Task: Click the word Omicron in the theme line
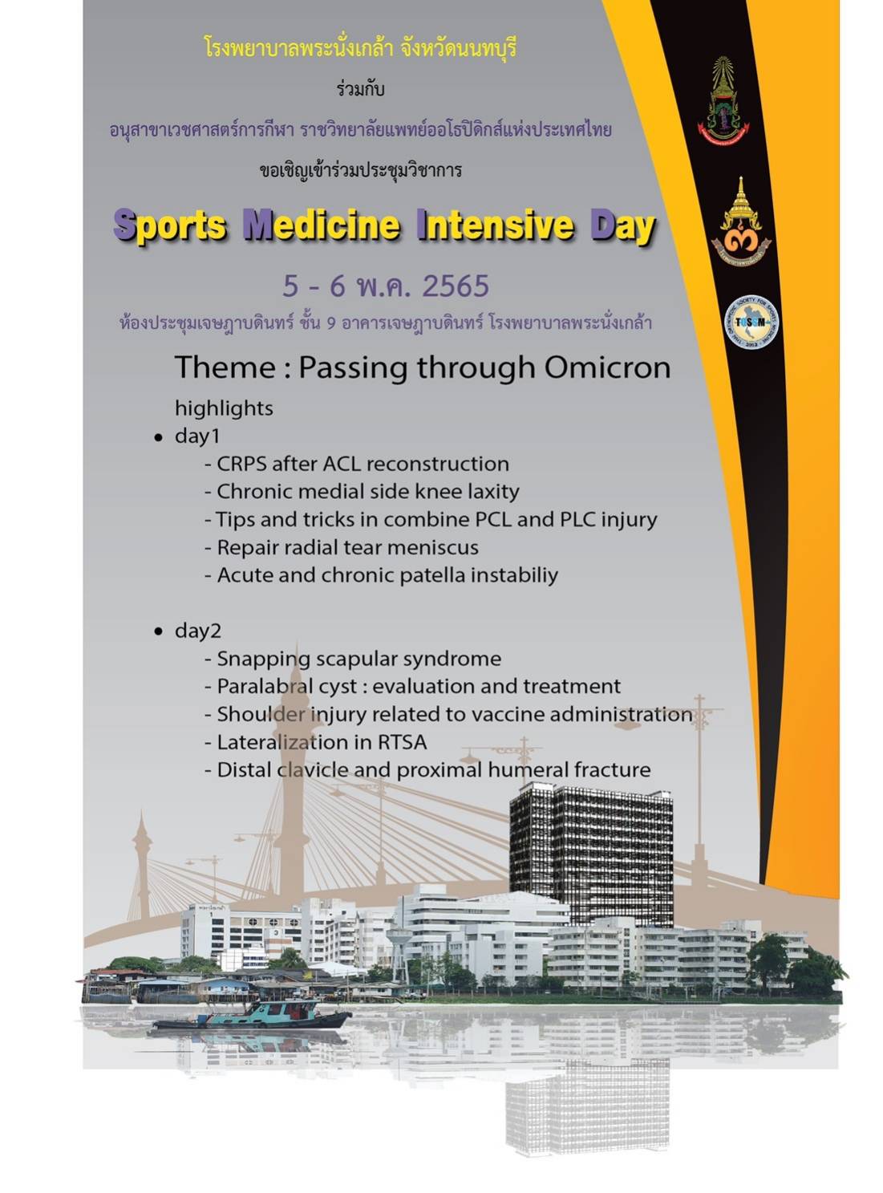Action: point(607,368)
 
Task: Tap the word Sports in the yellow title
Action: point(169,225)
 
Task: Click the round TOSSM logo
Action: point(751,322)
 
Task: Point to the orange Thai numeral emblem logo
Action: point(741,221)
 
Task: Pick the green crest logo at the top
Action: point(723,101)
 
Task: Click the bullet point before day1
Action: point(158,438)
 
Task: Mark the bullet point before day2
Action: point(158,631)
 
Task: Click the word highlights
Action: point(224,409)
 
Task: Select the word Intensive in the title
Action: point(496,225)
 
